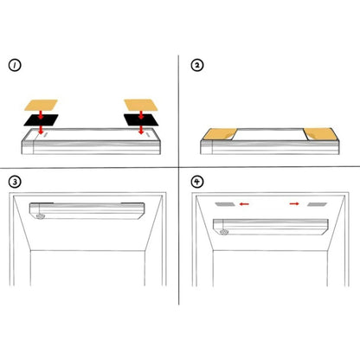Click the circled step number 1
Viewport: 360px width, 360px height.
15,66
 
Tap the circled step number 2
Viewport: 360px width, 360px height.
197,65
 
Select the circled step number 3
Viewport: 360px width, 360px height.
15,182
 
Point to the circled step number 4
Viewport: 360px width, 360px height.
197,182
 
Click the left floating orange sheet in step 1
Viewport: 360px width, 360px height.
41,105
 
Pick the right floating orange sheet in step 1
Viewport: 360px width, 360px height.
141,105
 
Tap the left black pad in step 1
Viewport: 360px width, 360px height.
41,120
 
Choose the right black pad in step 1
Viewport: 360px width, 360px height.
141,119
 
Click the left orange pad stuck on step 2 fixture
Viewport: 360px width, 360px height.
220,134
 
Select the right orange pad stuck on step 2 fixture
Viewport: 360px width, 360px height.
320,134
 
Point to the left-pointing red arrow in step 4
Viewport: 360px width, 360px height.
244,204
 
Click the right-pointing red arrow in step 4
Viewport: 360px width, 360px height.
294,204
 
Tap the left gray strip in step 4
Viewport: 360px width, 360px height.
226,204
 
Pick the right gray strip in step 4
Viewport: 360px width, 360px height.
317,204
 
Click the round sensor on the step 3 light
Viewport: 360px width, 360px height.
41,216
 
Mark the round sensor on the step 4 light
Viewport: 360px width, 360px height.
224,232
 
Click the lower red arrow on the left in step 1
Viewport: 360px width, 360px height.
41,130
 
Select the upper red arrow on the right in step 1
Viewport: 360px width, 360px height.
141,114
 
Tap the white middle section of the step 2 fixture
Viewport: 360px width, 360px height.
270,135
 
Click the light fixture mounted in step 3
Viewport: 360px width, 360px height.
87,210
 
